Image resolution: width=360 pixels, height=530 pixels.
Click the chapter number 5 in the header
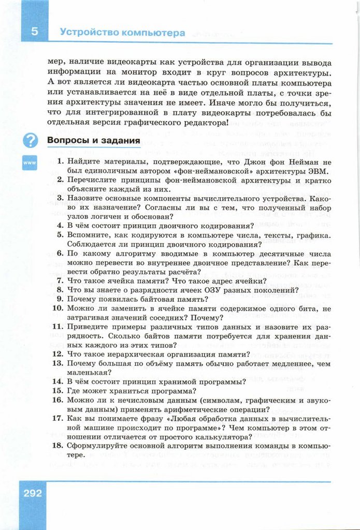(x=34, y=32)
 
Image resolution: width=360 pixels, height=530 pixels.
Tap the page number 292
(x=32, y=493)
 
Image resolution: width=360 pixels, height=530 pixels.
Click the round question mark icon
(x=30, y=140)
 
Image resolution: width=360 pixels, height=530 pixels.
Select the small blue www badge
(x=29, y=163)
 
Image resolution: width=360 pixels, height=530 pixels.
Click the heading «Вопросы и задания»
(x=94, y=140)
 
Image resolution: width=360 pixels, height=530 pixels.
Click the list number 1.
(x=60, y=161)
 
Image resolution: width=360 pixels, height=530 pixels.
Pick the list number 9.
(x=60, y=298)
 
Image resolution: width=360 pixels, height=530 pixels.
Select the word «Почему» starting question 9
(x=83, y=299)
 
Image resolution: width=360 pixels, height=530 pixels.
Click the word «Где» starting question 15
(x=75, y=391)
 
